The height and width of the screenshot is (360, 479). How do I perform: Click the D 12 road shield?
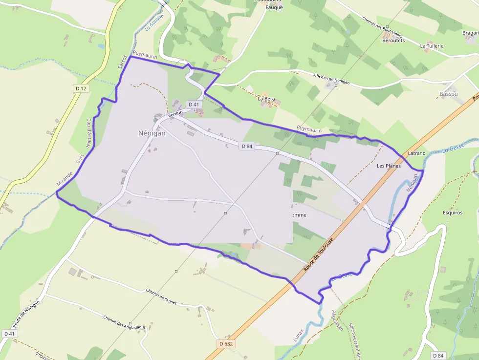[81, 88]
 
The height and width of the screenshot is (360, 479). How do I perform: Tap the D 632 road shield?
[226, 344]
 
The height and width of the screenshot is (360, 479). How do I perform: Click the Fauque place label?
[274, 7]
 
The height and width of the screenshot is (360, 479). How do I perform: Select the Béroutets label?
[393, 41]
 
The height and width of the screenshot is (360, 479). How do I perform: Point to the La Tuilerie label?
[432, 46]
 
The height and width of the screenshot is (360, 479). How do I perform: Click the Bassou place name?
[448, 93]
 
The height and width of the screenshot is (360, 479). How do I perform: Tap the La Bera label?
[266, 99]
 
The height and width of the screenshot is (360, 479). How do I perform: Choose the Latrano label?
[416, 153]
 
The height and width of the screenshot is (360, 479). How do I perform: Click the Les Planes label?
[389, 166]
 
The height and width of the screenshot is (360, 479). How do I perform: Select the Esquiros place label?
[452, 213]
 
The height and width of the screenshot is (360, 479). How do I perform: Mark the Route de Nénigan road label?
[27, 313]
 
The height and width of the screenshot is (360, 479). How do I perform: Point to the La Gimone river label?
[154, 22]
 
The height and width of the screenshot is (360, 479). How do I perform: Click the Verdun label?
[175, 113]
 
